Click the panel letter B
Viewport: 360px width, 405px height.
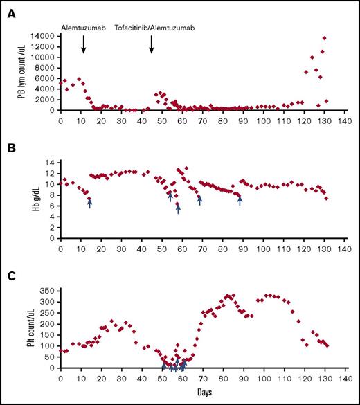click(x=10, y=149)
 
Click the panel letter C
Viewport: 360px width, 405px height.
click(x=10, y=277)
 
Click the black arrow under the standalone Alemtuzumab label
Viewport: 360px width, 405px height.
click(x=84, y=44)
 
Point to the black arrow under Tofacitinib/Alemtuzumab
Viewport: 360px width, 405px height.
click(x=152, y=44)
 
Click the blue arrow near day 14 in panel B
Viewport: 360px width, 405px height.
click(x=89, y=202)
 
